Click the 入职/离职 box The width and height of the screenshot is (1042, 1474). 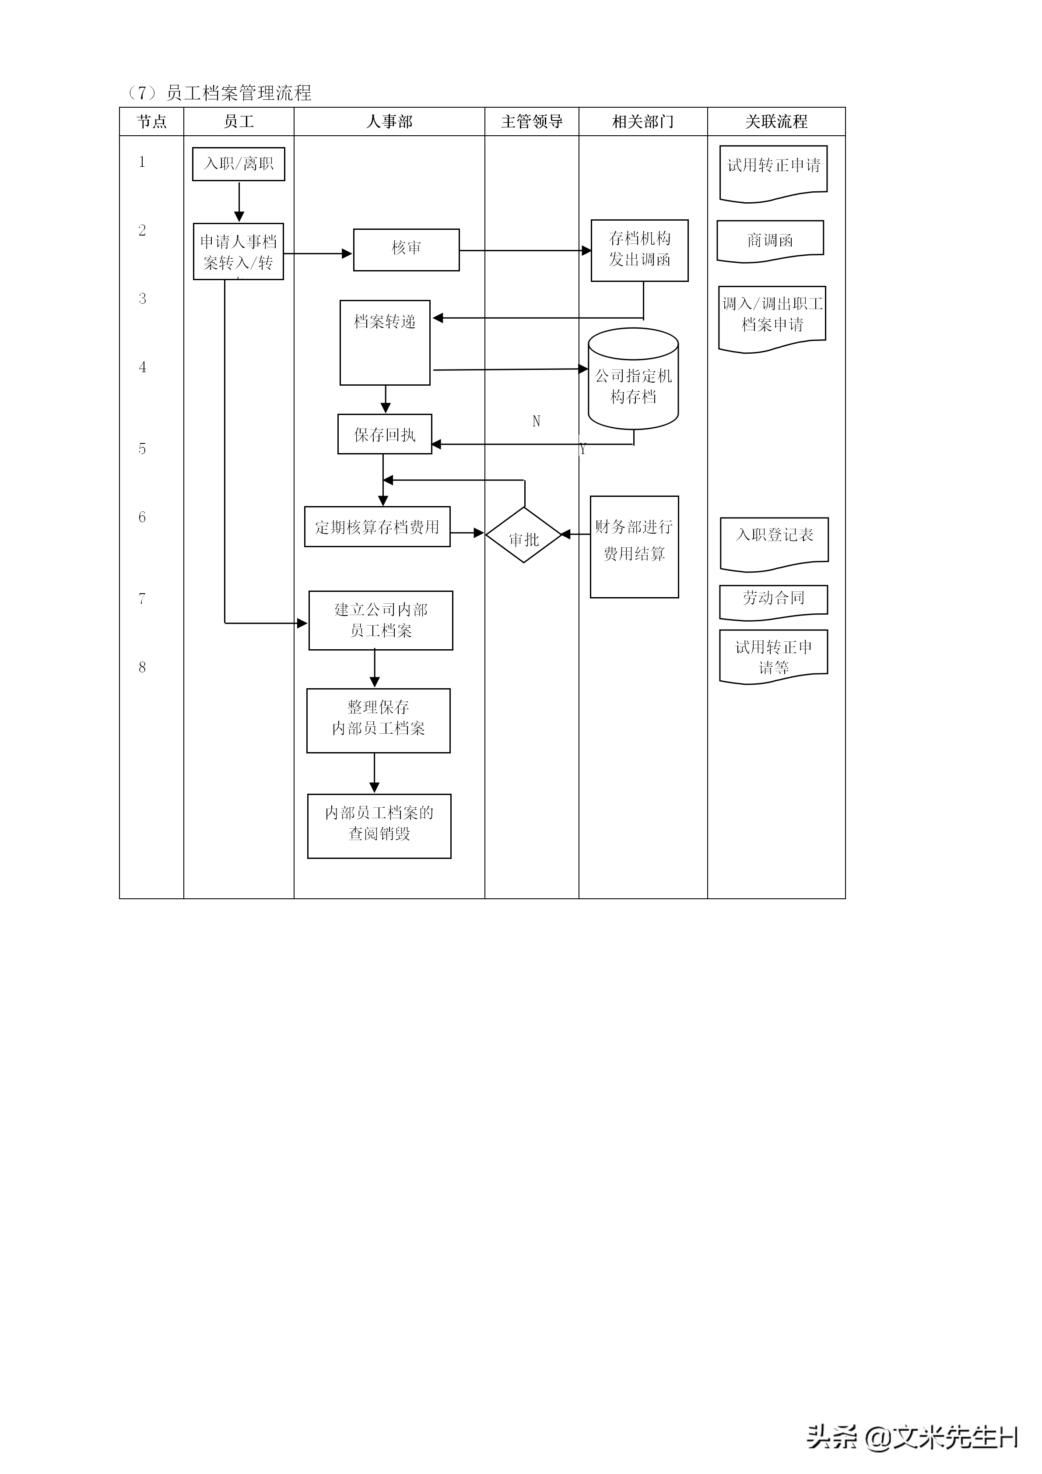tap(238, 164)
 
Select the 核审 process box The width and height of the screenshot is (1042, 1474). tap(406, 250)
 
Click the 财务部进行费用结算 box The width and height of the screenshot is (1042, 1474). tap(634, 546)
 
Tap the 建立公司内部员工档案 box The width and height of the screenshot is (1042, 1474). tap(380, 620)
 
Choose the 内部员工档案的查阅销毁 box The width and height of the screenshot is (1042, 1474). tap(379, 826)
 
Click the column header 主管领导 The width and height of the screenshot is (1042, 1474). tap(531, 121)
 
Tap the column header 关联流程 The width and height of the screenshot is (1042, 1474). tap(776, 121)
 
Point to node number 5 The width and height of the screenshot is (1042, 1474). tap(142, 449)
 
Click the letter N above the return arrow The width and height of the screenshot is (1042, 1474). tap(537, 421)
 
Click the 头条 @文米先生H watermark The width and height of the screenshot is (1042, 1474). tap(912, 1437)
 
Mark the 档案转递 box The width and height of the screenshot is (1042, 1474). tap(385, 342)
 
